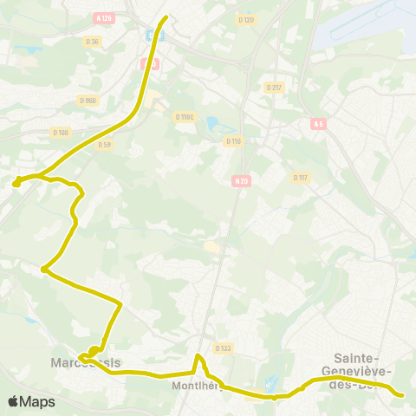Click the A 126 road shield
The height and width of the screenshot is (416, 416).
pyautogui.click(x=105, y=17)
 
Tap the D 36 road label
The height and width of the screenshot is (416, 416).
pyautogui.click(x=92, y=41)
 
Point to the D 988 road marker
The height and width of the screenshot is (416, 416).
pyautogui.click(x=91, y=101)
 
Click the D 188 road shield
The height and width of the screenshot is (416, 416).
pyautogui.click(x=60, y=132)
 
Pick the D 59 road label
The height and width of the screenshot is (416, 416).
pyautogui.click(x=106, y=144)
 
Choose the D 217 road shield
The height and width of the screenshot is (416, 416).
pyautogui.click(x=274, y=88)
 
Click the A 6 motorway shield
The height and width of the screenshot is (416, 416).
pyautogui.click(x=319, y=124)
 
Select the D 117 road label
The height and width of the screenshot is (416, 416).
pyautogui.click(x=301, y=178)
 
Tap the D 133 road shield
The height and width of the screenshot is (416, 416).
pyautogui.click(x=223, y=348)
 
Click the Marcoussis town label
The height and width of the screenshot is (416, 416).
pyautogui.click(x=85, y=361)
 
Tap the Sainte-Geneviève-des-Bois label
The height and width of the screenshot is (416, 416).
pyautogui.click(x=363, y=372)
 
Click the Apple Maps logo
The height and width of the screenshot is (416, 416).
pyautogui.click(x=31, y=401)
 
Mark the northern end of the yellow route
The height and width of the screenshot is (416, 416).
pyautogui.click(x=165, y=16)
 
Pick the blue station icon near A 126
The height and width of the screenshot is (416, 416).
pyautogui.click(x=153, y=36)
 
